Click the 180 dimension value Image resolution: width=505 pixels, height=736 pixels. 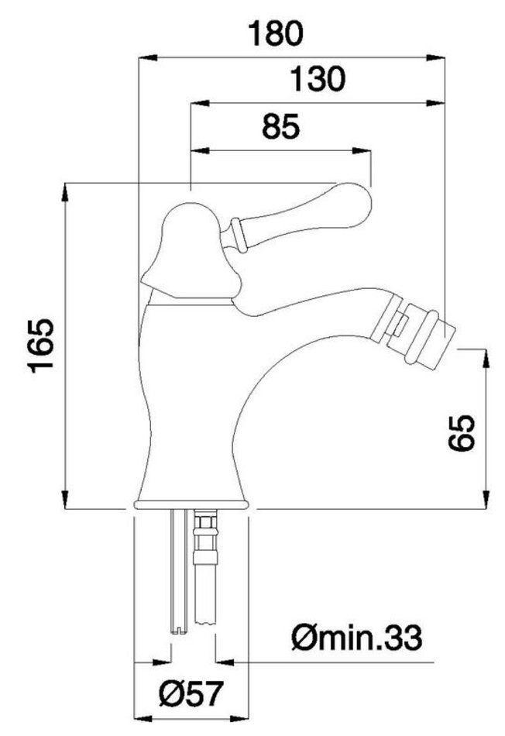click(x=276, y=34)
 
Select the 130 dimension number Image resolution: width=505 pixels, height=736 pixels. click(x=318, y=79)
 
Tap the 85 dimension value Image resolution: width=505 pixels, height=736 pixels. click(x=280, y=127)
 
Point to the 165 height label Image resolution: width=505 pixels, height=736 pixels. click(x=41, y=346)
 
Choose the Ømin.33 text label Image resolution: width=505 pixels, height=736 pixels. click(x=357, y=638)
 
